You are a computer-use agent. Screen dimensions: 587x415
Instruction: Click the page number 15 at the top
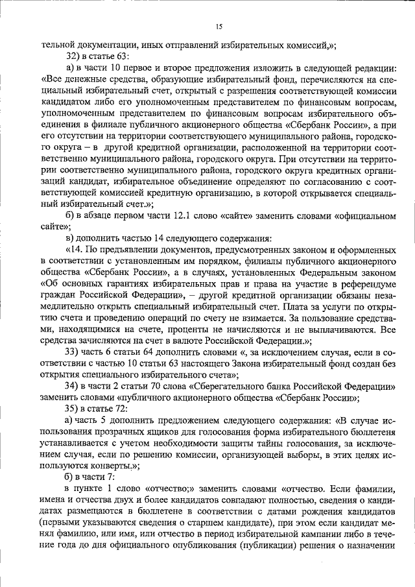pyautogui.click(x=219, y=26)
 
